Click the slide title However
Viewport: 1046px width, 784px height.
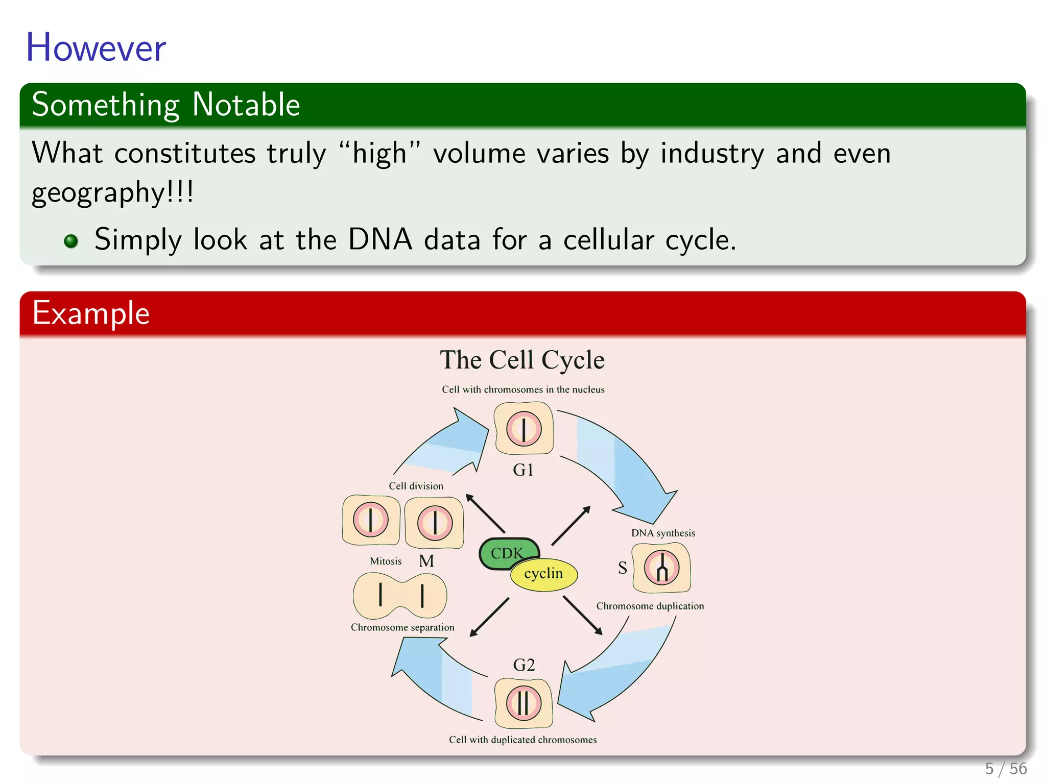[x=96, y=47]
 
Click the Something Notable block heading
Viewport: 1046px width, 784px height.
[x=165, y=105]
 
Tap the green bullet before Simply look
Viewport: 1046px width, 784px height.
[x=71, y=241]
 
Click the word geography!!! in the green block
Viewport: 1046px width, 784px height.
[x=112, y=193]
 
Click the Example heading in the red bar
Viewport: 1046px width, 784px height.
[x=91, y=313]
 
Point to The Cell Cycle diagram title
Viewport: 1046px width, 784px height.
[x=522, y=360]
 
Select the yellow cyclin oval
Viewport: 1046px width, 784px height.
[x=544, y=574]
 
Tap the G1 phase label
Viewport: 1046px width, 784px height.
[x=523, y=470]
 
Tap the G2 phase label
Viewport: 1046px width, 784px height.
[x=524, y=665]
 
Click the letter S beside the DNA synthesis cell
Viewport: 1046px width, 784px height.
[x=622, y=568]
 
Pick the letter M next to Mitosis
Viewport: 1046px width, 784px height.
[x=426, y=561]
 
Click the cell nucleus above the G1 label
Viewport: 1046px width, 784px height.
[x=524, y=429]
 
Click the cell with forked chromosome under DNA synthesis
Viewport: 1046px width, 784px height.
[x=661, y=568]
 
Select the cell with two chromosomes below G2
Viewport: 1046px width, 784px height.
[x=524, y=703]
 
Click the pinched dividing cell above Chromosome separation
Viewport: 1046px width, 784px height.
[x=400, y=596]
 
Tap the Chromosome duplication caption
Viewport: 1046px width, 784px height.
[x=650, y=606]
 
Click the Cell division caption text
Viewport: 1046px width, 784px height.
[x=416, y=486]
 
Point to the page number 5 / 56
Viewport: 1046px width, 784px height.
[x=1006, y=768]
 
